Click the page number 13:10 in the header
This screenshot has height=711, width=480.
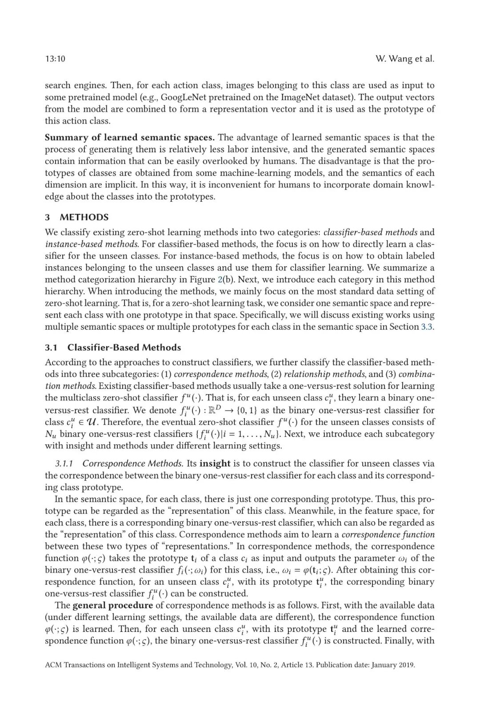tap(55, 59)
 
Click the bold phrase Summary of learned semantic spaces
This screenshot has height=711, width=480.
tap(130, 137)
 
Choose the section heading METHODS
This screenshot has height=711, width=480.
tap(84, 217)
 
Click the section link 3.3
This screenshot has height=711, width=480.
tap(427, 327)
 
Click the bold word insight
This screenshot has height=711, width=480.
tap(215, 463)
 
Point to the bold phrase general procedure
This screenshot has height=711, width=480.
tap(112, 605)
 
